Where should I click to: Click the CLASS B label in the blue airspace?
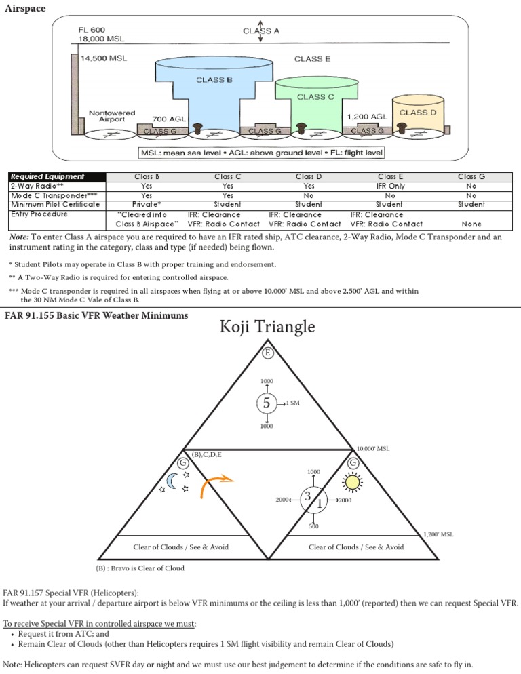(x=214, y=79)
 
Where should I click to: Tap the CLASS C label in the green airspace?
(x=311, y=96)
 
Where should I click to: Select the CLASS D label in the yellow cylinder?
(x=418, y=113)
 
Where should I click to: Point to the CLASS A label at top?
(x=261, y=31)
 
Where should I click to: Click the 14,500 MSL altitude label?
(x=104, y=58)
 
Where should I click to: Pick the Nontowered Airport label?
(x=112, y=117)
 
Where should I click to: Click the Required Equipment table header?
(x=47, y=176)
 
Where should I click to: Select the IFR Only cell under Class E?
(x=391, y=185)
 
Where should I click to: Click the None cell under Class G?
(x=471, y=224)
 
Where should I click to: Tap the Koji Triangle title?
(x=267, y=327)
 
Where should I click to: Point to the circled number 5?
(x=267, y=403)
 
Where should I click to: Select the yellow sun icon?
(x=351, y=483)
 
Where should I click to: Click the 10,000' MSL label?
(x=373, y=448)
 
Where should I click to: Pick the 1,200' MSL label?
(x=438, y=534)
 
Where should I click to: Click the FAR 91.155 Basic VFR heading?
(x=96, y=315)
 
